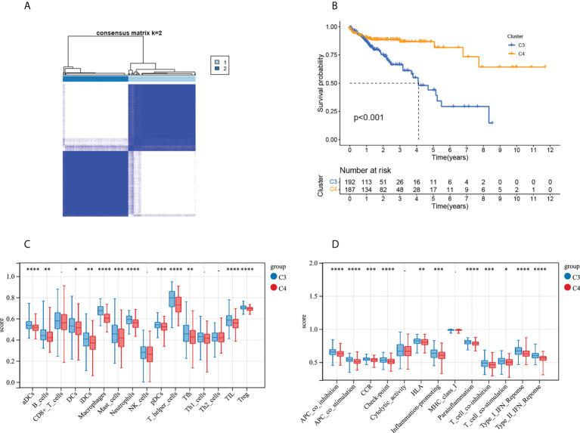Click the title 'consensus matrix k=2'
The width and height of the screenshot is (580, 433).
130,33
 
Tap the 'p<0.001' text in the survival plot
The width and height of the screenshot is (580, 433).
373,119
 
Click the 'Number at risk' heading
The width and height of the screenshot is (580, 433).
375,172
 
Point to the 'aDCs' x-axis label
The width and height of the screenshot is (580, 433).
29,395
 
